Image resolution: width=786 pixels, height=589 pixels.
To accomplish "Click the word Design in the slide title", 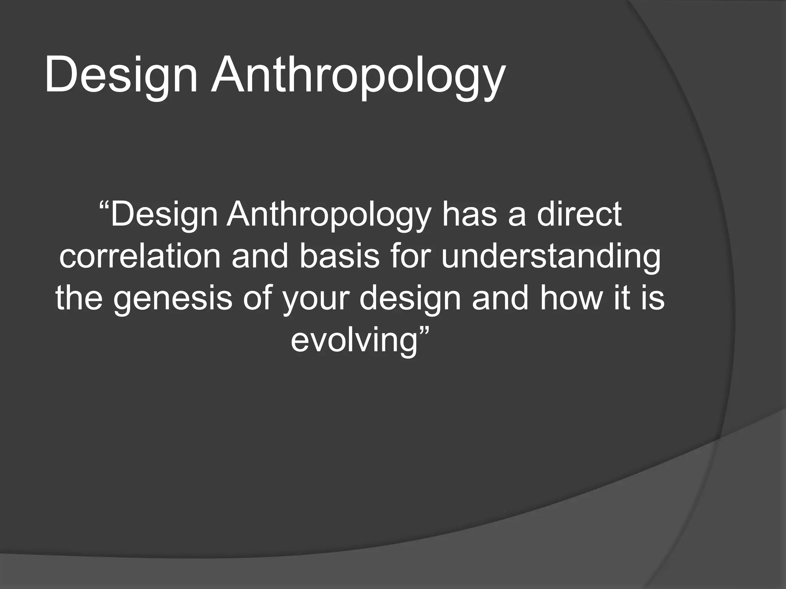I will pyautogui.click(x=121, y=75).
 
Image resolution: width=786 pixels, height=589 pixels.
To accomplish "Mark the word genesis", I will pyautogui.click(x=173, y=299).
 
